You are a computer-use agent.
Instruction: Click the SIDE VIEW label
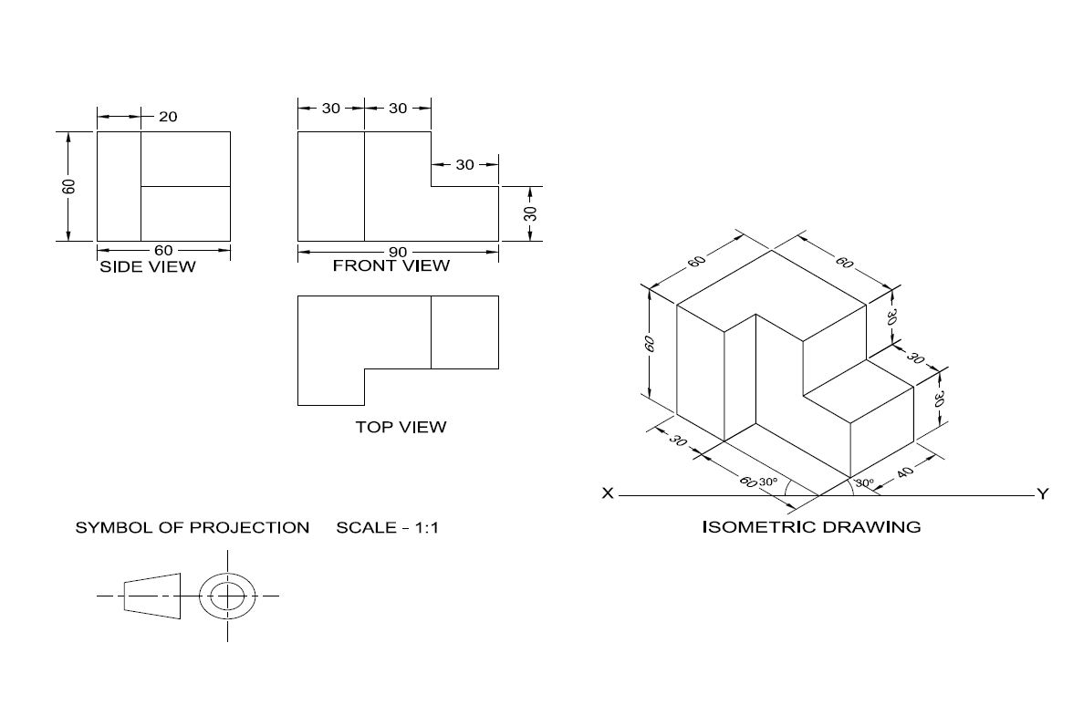coord(147,266)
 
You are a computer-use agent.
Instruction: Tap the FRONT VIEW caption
coord(391,265)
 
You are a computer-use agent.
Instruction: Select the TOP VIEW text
coord(401,426)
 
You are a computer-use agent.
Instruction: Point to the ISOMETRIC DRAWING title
coord(811,526)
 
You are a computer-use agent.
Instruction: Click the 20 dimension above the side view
coord(168,116)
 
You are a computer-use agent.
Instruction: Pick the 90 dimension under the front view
coord(398,252)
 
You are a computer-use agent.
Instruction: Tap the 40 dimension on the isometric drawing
coord(905,473)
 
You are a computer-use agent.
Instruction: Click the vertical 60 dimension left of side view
coord(69,186)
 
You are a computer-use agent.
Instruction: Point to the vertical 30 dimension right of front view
coord(530,213)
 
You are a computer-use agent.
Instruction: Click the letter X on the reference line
coord(608,493)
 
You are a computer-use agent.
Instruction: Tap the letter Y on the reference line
coord(1042,493)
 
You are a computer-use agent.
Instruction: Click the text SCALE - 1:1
coord(387,527)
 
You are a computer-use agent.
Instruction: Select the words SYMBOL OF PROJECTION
coord(192,527)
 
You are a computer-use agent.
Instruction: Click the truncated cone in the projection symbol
coord(152,596)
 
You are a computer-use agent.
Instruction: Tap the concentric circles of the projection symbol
coord(228,596)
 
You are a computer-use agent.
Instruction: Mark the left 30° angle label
coord(767,482)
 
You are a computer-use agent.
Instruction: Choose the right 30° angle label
coord(863,482)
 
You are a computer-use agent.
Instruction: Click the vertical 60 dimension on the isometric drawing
coord(650,344)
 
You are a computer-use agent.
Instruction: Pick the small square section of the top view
coord(464,332)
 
